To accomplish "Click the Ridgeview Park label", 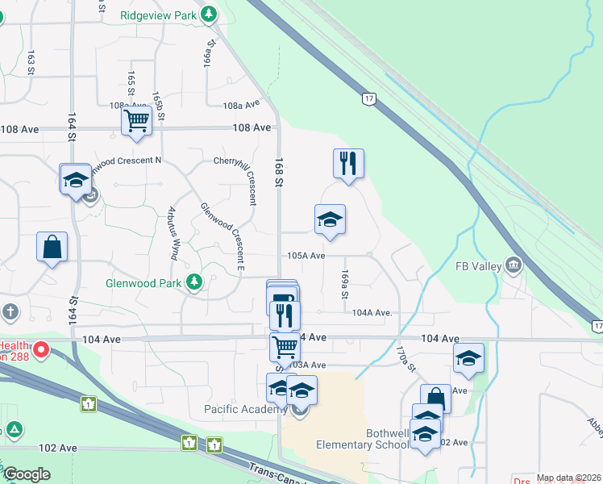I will click(x=160, y=15).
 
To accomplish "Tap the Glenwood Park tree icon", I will click(x=193, y=282).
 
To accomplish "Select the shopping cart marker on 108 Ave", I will click(x=136, y=121).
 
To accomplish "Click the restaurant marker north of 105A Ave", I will click(x=348, y=163).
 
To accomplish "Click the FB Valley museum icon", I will click(x=513, y=265).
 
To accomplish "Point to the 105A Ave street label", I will click(x=306, y=256).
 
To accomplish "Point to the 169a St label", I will click(x=344, y=284).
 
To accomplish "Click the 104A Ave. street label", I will click(x=372, y=312).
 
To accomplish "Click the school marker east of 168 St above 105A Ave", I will click(x=330, y=219).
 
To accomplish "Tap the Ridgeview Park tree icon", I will click(x=209, y=14).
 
